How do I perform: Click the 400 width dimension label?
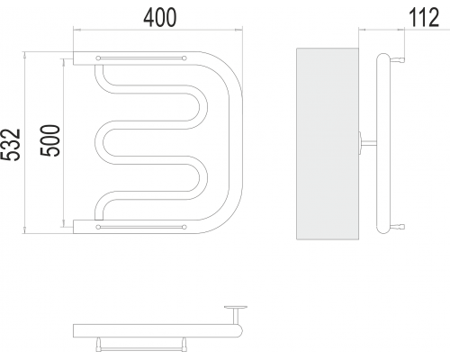coord(160,18)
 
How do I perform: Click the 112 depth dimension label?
coord(424,18)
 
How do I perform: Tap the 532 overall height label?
coord(11,145)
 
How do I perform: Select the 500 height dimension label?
coord(50,140)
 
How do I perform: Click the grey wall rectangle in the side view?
coord(328,144)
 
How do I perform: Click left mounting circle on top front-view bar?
coord(98,58)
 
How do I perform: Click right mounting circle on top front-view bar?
coord(184,58)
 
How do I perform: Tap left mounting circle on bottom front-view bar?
coord(98,227)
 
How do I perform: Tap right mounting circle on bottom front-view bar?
coord(184,227)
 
